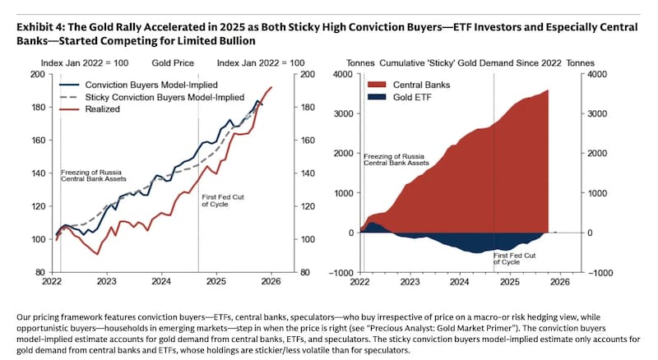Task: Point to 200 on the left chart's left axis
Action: [x=36, y=75]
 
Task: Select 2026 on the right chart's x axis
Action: [x=559, y=281]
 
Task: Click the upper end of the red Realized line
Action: [x=271, y=87]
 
